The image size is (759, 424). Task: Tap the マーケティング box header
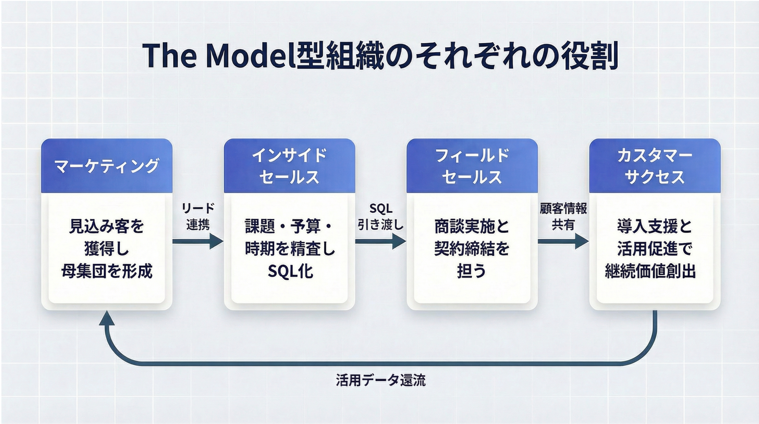107,166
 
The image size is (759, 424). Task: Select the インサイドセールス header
289,166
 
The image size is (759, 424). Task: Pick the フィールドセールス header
472,166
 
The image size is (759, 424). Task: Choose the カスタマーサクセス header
655,166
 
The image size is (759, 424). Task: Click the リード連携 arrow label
198,217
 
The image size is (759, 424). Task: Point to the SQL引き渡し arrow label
381,217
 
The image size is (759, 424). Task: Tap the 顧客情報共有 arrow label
563,217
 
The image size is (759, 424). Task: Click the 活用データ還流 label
381,380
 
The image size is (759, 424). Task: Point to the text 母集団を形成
107,271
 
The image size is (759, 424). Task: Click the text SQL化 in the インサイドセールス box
290,271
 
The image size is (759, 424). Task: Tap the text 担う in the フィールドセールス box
471,271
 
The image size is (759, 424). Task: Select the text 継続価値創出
650,271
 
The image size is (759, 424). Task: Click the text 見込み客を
107,226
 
